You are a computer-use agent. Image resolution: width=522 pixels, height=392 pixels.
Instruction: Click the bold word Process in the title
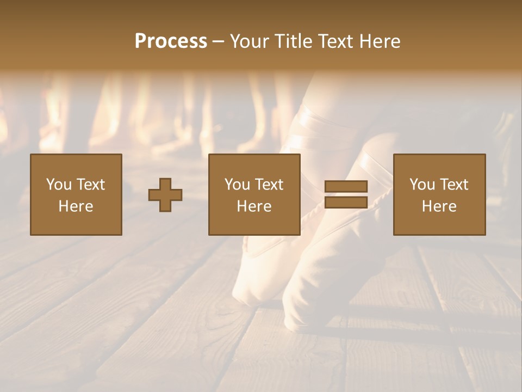(x=171, y=41)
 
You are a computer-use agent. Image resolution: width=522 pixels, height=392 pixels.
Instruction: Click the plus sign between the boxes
(x=165, y=195)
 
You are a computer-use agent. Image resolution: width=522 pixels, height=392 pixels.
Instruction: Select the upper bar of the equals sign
(x=346, y=186)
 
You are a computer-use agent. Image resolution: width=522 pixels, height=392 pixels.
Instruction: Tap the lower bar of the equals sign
(x=346, y=203)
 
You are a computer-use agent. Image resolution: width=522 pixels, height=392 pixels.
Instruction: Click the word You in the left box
(x=58, y=184)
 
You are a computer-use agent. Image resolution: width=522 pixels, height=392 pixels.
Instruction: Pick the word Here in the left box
(x=76, y=206)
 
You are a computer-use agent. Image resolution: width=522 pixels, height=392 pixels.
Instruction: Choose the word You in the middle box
(x=237, y=184)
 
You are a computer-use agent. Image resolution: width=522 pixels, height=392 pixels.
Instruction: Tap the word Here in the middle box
(x=254, y=206)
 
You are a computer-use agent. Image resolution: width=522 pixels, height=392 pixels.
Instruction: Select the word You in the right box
(x=421, y=184)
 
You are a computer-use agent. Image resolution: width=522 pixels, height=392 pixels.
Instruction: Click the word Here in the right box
(x=439, y=206)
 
